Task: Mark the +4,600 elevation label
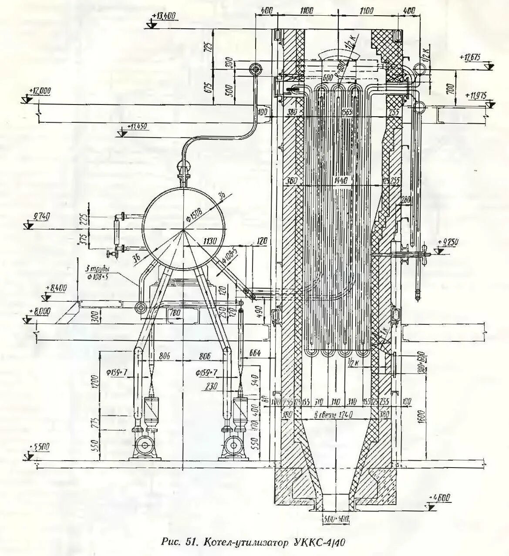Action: pos(440,497)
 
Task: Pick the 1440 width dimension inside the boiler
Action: pos(341,180)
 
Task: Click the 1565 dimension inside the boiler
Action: pos(347,109)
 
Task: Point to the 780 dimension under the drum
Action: pos(175,313)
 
